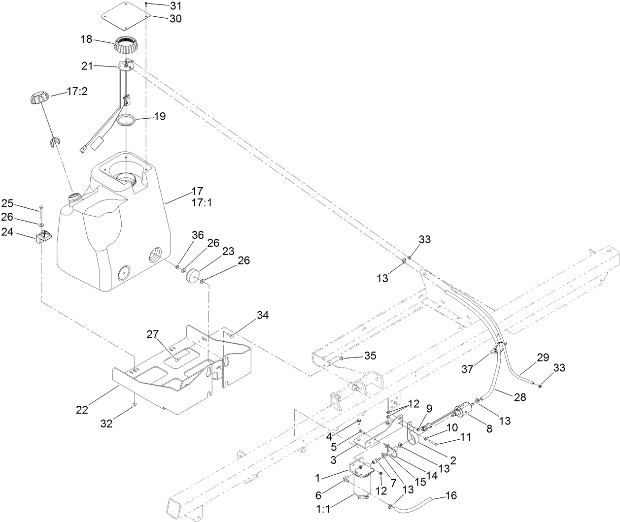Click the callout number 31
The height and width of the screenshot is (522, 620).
[162, 6]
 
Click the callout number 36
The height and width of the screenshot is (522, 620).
[184, 235]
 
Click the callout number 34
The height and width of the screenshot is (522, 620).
[263, 315]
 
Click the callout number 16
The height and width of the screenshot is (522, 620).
[451, 495]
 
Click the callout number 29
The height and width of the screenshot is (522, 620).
[543, 358]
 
